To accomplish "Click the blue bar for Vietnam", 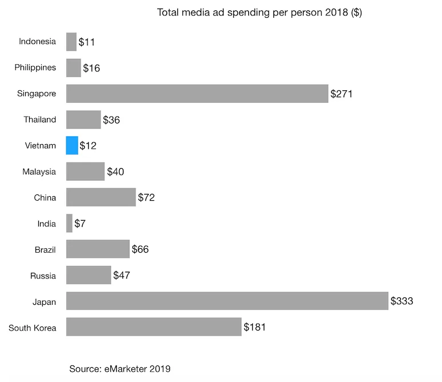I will [72, 145].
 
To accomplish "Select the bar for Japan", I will [227, 301].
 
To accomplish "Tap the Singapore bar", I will [197, 93].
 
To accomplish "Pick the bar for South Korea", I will [154, 327].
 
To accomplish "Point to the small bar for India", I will [69, 223].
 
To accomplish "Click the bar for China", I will [101, 197].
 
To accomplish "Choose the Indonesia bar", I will [71, 42].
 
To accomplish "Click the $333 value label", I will [401, 301].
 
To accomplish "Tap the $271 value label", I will [341, 94].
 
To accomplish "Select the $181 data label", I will [254, 328].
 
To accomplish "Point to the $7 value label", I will [81, 224].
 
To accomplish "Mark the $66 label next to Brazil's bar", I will [140, 250].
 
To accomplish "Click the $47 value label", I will [121, 276].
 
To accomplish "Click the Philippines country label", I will [35, 67].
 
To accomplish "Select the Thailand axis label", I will [39, 120].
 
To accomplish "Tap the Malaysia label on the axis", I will [39, 172].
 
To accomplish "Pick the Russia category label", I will [43, 276].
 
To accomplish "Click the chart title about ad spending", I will [259, 13].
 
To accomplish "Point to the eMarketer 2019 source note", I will [120, 369].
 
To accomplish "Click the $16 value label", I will [91, 68].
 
